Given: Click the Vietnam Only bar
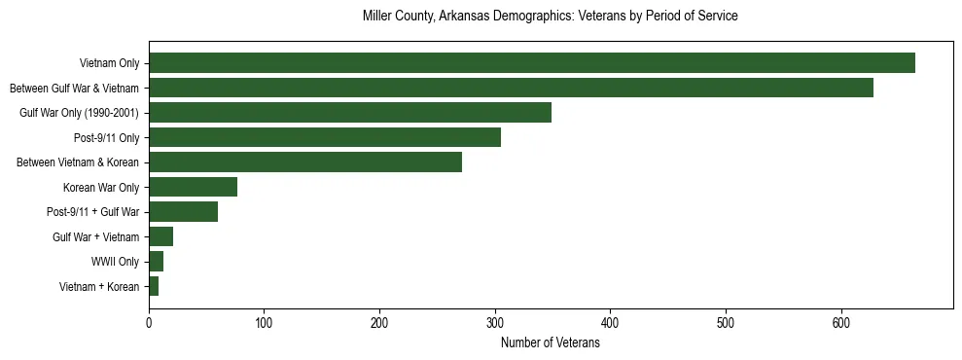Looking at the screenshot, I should click(531, 62).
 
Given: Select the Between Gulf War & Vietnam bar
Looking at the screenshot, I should click(511, 88).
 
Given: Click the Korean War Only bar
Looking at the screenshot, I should click(193, 187).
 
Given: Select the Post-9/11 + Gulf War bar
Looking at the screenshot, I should click(183, 212).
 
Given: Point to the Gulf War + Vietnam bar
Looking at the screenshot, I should click(160, 236).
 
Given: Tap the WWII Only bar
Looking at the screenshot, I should click(156, 262).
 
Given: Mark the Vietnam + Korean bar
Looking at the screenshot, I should click(154, 286).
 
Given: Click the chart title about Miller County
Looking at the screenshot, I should click(550, 17).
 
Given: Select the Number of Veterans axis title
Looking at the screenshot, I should click(550, 342).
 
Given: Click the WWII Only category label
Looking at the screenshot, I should click(115, 262).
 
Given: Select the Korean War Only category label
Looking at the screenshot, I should click(101, 187).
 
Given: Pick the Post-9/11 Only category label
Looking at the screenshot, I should click(107, 137).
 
